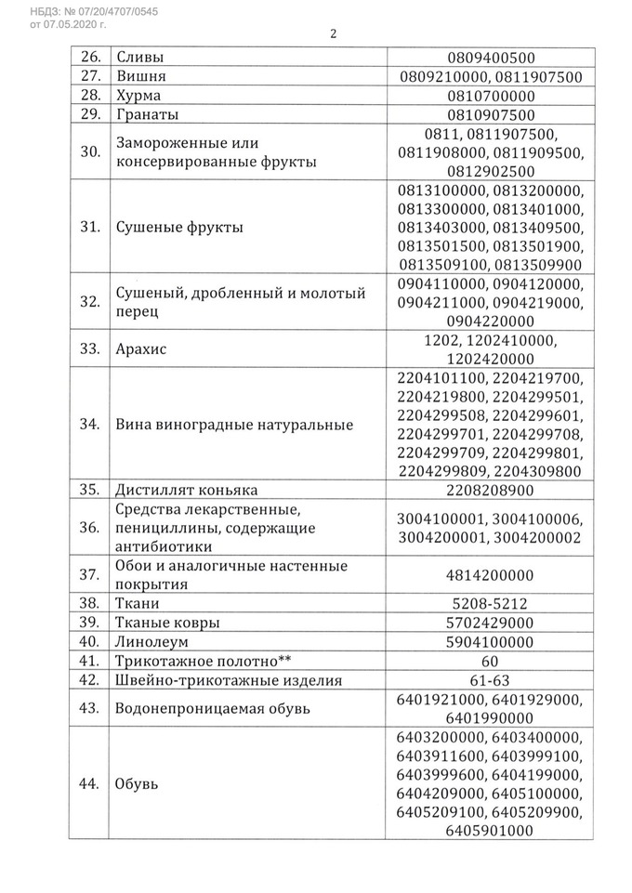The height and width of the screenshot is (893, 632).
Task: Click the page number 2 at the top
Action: click(x=332, y=35)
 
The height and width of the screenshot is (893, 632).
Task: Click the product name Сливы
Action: click(x=140, y=58)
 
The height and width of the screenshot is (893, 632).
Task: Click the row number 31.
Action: click(x=89, y=229)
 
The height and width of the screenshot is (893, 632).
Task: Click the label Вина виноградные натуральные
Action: click(x=233, y=426)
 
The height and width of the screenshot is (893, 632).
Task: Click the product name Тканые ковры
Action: click(x=167, y=623)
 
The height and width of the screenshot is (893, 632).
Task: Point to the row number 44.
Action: click(x=89, y=785)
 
